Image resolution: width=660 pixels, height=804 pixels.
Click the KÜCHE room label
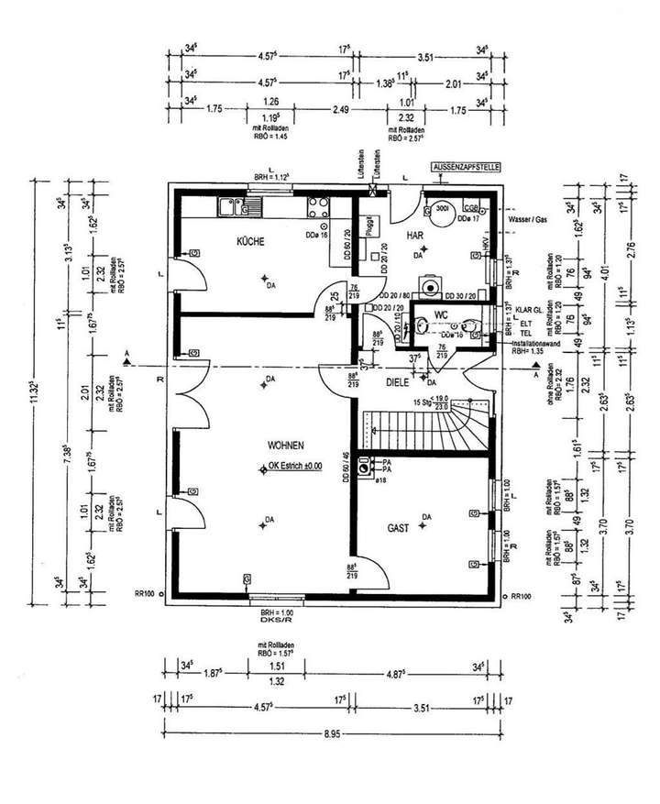[x=250, y=242]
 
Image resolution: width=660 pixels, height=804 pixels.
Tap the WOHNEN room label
[x=285, y=445]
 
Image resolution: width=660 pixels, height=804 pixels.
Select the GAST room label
[x=398, y=529]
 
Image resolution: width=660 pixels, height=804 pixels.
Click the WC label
[x=442, y=315]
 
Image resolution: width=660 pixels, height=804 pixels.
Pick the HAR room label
[x=414, y=237]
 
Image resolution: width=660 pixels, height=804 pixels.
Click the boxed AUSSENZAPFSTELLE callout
[x=467, y=169]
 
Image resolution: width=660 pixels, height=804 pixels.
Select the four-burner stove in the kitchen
[x=319, y=206]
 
